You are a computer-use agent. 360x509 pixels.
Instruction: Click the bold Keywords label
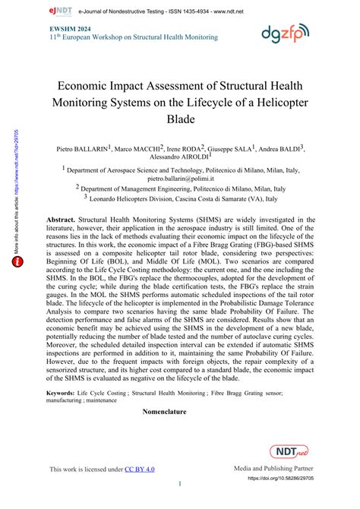coord(66,394)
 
